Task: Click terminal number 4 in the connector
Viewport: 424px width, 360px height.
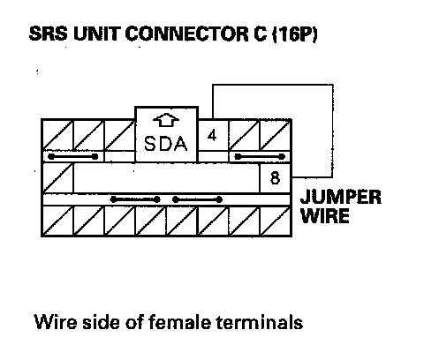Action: [212, 136]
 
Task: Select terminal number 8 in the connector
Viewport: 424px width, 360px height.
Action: [275, 178]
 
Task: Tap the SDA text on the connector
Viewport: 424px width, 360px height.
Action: [166, 144]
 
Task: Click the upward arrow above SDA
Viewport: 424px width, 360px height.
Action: [166, 120]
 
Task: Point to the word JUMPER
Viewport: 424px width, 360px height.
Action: [341, 197]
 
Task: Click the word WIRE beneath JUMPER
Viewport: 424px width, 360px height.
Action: [325, 215]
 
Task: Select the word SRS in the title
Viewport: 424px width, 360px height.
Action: [49, 34]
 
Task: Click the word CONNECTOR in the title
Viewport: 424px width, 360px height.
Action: [187, 34]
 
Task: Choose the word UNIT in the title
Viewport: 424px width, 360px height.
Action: [96, 34]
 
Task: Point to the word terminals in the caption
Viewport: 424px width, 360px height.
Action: [260, 322]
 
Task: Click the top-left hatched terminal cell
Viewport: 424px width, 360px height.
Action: [57, 135]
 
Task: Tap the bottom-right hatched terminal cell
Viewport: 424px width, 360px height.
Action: [276, 221]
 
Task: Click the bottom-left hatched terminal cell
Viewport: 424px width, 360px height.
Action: [57, 221]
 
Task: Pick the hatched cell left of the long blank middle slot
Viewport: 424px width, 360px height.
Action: [57, 178]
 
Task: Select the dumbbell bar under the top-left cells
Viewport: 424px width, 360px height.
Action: [72, 156]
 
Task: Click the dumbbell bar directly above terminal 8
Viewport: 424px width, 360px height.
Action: [260, 156]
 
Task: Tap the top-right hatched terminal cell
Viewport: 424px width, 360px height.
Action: [276, 135]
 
